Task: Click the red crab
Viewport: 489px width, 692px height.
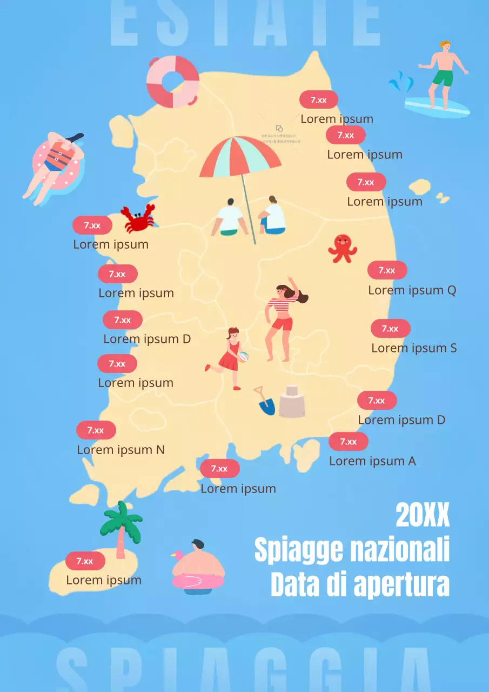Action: (x=138, y=218)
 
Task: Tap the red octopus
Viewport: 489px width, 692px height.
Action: (x=343, y=248)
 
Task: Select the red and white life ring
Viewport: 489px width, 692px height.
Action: (x=173, y=82)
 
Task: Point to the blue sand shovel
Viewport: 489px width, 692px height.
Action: (x=265, y=403)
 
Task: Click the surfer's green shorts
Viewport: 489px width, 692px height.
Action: (x=443, y=78)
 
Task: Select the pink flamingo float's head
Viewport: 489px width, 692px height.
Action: (x=176, y=556)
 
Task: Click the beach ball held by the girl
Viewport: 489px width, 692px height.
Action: (x=244, y=357)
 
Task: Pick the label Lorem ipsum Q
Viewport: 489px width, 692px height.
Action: (x=412, y=290)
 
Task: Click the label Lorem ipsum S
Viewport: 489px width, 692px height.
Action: (x=414, y=348)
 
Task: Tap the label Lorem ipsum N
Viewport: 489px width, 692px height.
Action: (x=120, y=450)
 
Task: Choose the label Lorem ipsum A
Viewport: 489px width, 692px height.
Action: (x=372, y=461)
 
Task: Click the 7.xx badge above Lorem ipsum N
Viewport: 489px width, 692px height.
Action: (x=96, y=430)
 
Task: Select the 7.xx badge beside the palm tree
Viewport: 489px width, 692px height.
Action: (x=85, y=561)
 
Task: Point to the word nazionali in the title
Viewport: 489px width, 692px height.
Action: (x=400, y=550)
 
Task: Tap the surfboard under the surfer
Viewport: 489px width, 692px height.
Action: (x=438, y=107)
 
